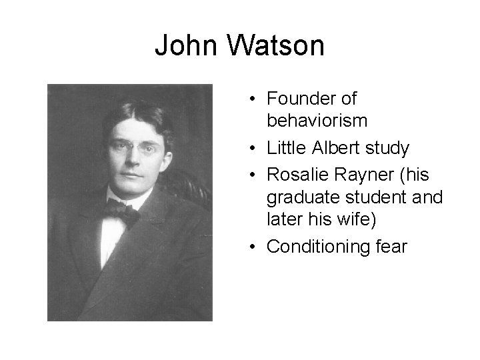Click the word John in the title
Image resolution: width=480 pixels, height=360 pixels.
pyautogui.click(x=186, y=46)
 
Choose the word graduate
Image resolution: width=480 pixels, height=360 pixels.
pyautogui.click(x=297, y=197)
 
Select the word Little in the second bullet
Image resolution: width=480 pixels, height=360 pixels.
pyautogui.click(x=285, y=147)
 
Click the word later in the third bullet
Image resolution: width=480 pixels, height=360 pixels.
pyautogui.click(x=285, y=219)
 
